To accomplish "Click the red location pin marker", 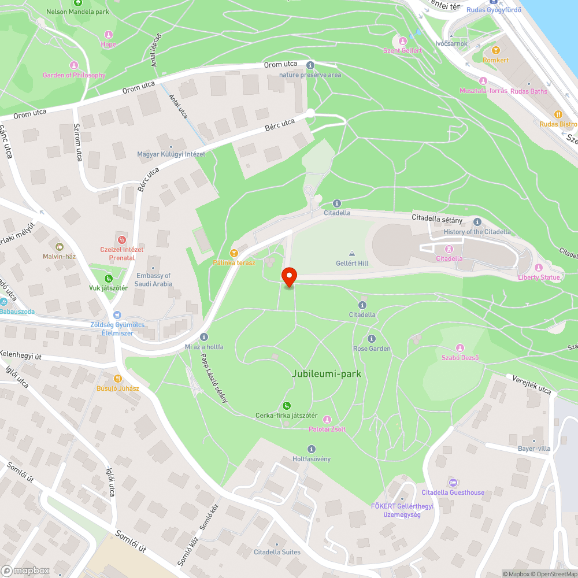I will point(288,276).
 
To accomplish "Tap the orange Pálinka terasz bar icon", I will point(234,253).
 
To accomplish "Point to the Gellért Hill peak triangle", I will point(352,254).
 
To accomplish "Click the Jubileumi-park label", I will point(327,374).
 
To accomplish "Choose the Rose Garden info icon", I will point(372,339).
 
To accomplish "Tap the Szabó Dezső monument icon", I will point(460,347).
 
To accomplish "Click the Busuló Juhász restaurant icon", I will point(117,378).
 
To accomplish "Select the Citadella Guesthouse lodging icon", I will point(453,483).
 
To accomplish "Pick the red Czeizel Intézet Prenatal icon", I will point(121,239).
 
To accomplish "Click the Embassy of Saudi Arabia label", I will point(153,280).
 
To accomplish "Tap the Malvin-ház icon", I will point(60,247).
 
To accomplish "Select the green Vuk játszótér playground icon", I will point(108,279).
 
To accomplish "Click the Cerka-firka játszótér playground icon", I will point(287,406).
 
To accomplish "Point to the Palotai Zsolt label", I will point(327,429).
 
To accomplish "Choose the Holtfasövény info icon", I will point(312,449).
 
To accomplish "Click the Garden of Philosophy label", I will point(74,75).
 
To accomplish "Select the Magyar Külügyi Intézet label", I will point(171,154).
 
